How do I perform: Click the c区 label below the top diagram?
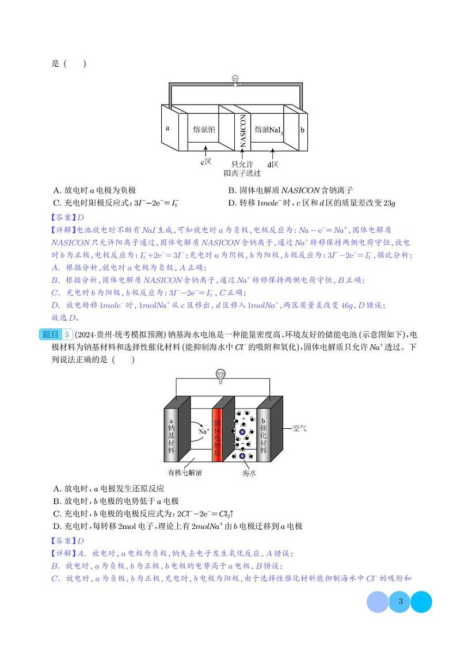pyautogui.click(x=206, y=163)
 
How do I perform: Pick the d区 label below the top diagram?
pyautogui.click(x=273, y=164)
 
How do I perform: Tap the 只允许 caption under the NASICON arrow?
pyautogui.click(x=242, y=164)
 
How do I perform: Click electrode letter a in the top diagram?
pyautogui.click(x=167, y=128)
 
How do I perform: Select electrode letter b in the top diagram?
pyautogui.click(x=302, y=130)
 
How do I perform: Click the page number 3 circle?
pyautogui.click(x=399, y=602)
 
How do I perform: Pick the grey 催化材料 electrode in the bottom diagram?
pyautogui.click(x=263, y=437)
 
